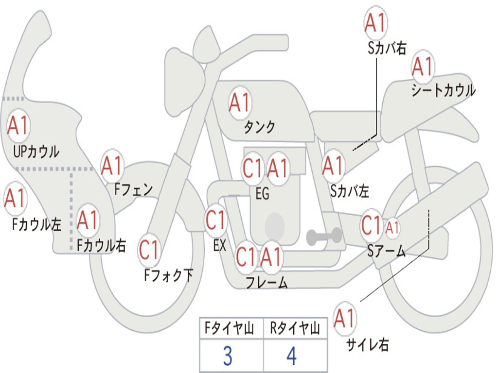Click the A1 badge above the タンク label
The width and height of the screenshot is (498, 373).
(240, 103)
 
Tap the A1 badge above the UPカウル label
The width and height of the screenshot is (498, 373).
(18, 125)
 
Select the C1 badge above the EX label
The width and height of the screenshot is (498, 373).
(215, 220)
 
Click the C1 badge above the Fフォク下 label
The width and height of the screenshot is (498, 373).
(149, 250)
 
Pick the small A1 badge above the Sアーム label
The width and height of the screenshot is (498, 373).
(392, 227)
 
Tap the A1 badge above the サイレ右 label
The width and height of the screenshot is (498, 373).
(344, 318)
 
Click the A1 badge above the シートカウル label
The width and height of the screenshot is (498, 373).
(423, 66)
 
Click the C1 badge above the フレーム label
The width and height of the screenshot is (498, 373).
(246, 256)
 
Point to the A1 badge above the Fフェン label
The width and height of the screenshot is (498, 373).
(112, 165)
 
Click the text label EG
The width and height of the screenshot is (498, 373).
(262, 193)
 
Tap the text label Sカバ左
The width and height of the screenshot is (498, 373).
(349, 191)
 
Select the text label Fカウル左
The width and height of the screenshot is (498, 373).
(36, 224)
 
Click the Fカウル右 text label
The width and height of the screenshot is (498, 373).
(101, 245)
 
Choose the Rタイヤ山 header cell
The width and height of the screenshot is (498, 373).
(295, 328)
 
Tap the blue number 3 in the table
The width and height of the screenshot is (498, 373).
(228, 356)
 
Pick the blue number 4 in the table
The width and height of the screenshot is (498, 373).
(292, 356)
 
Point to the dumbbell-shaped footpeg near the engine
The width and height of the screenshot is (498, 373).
(324, 236)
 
